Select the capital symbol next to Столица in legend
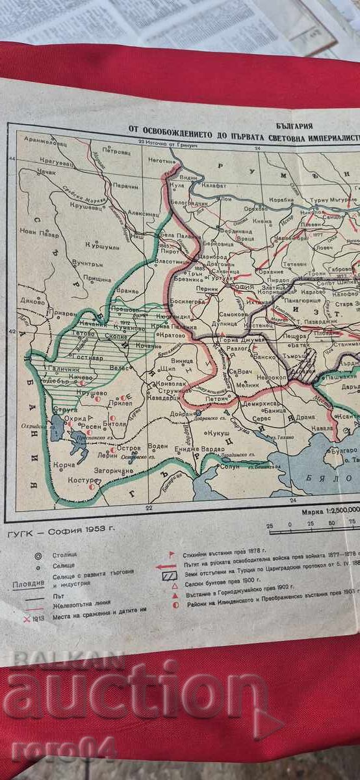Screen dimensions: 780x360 point(38,554)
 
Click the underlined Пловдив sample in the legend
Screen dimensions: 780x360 point(28,583)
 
